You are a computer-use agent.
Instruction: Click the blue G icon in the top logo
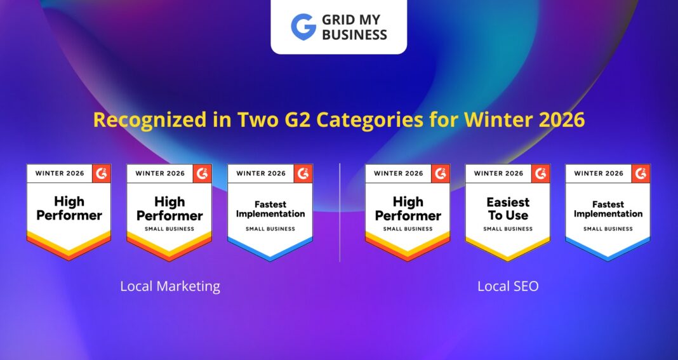coord(303,27)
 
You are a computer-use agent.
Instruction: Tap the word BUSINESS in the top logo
coord(354,35)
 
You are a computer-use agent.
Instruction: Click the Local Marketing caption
coord(170,286)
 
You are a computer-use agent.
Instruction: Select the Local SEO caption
coord(508,286)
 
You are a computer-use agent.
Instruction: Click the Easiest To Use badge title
coord(508,209)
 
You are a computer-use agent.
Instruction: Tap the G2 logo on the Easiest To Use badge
coord(541,173)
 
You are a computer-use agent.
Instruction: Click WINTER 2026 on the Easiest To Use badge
coord(499,173)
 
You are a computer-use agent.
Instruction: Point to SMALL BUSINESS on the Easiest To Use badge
coord(508,229)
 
